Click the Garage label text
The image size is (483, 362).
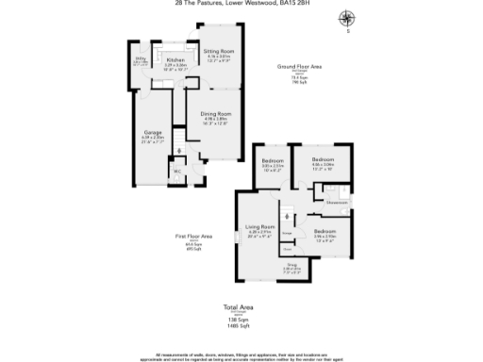tap(152, 131)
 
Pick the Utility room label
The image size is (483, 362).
tap(140, 58)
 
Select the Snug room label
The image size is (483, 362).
tap(291, 266)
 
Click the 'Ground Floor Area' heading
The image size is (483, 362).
tap(299, 68)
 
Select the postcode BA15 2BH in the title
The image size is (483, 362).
tap(291, 4)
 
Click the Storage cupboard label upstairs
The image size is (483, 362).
tap(287, 231)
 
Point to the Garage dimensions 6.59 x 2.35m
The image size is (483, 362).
tap(152, 137)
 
